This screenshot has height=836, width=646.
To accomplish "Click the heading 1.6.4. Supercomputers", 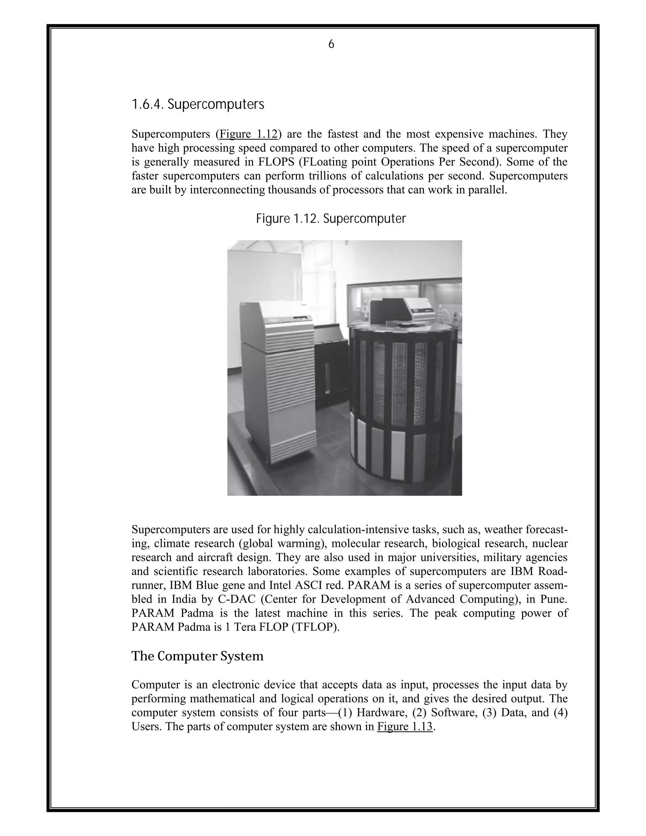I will tap(198, 104).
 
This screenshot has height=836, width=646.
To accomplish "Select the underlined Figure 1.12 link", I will tap(248, 134).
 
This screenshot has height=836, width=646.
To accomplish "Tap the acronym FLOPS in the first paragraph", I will tap(276, 162).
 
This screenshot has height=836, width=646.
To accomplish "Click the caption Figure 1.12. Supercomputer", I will tap(331, 219).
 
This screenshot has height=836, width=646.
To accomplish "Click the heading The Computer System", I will tap(197, 656).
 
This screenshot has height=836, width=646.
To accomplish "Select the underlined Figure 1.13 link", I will tap(405, 727).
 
